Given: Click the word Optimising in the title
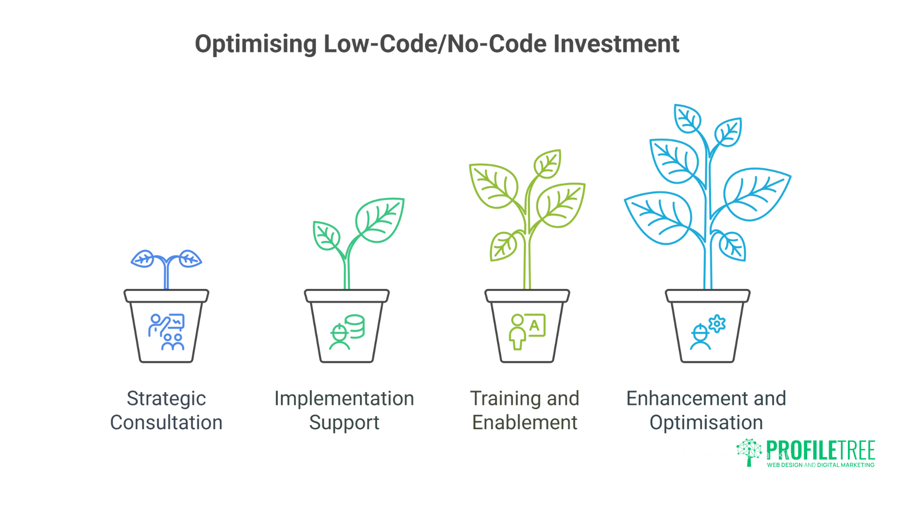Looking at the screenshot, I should click(x=255, y=44).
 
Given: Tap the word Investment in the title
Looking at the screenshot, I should click(x=616, y=44).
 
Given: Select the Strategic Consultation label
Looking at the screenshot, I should click(x=166, y=410).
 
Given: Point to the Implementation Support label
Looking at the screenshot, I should click(x=344, y=410).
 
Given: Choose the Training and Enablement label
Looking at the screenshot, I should click(x=525, y=410).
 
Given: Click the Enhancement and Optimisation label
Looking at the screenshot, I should click(x=706, y=410).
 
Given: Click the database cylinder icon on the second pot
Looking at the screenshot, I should click(x=355, y=326).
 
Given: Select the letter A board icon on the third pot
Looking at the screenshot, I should click(x=535, y=325).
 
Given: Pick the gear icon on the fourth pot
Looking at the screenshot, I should click(x=717, y=324).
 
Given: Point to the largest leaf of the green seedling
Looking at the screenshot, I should click(x=379, y=220).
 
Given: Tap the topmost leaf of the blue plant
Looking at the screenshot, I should click(x=687, y=118).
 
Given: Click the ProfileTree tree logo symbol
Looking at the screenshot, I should click(x=749, y=452).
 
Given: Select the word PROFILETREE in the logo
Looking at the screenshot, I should click(x=820, y=450).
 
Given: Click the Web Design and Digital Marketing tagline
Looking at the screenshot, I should click(x=820, y=465).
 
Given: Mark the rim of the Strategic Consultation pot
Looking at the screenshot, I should click(x=166, y=296).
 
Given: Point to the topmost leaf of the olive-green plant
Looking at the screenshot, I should click(x=548, y=164).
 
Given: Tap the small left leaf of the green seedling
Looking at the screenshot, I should click(x=326, y=235).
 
